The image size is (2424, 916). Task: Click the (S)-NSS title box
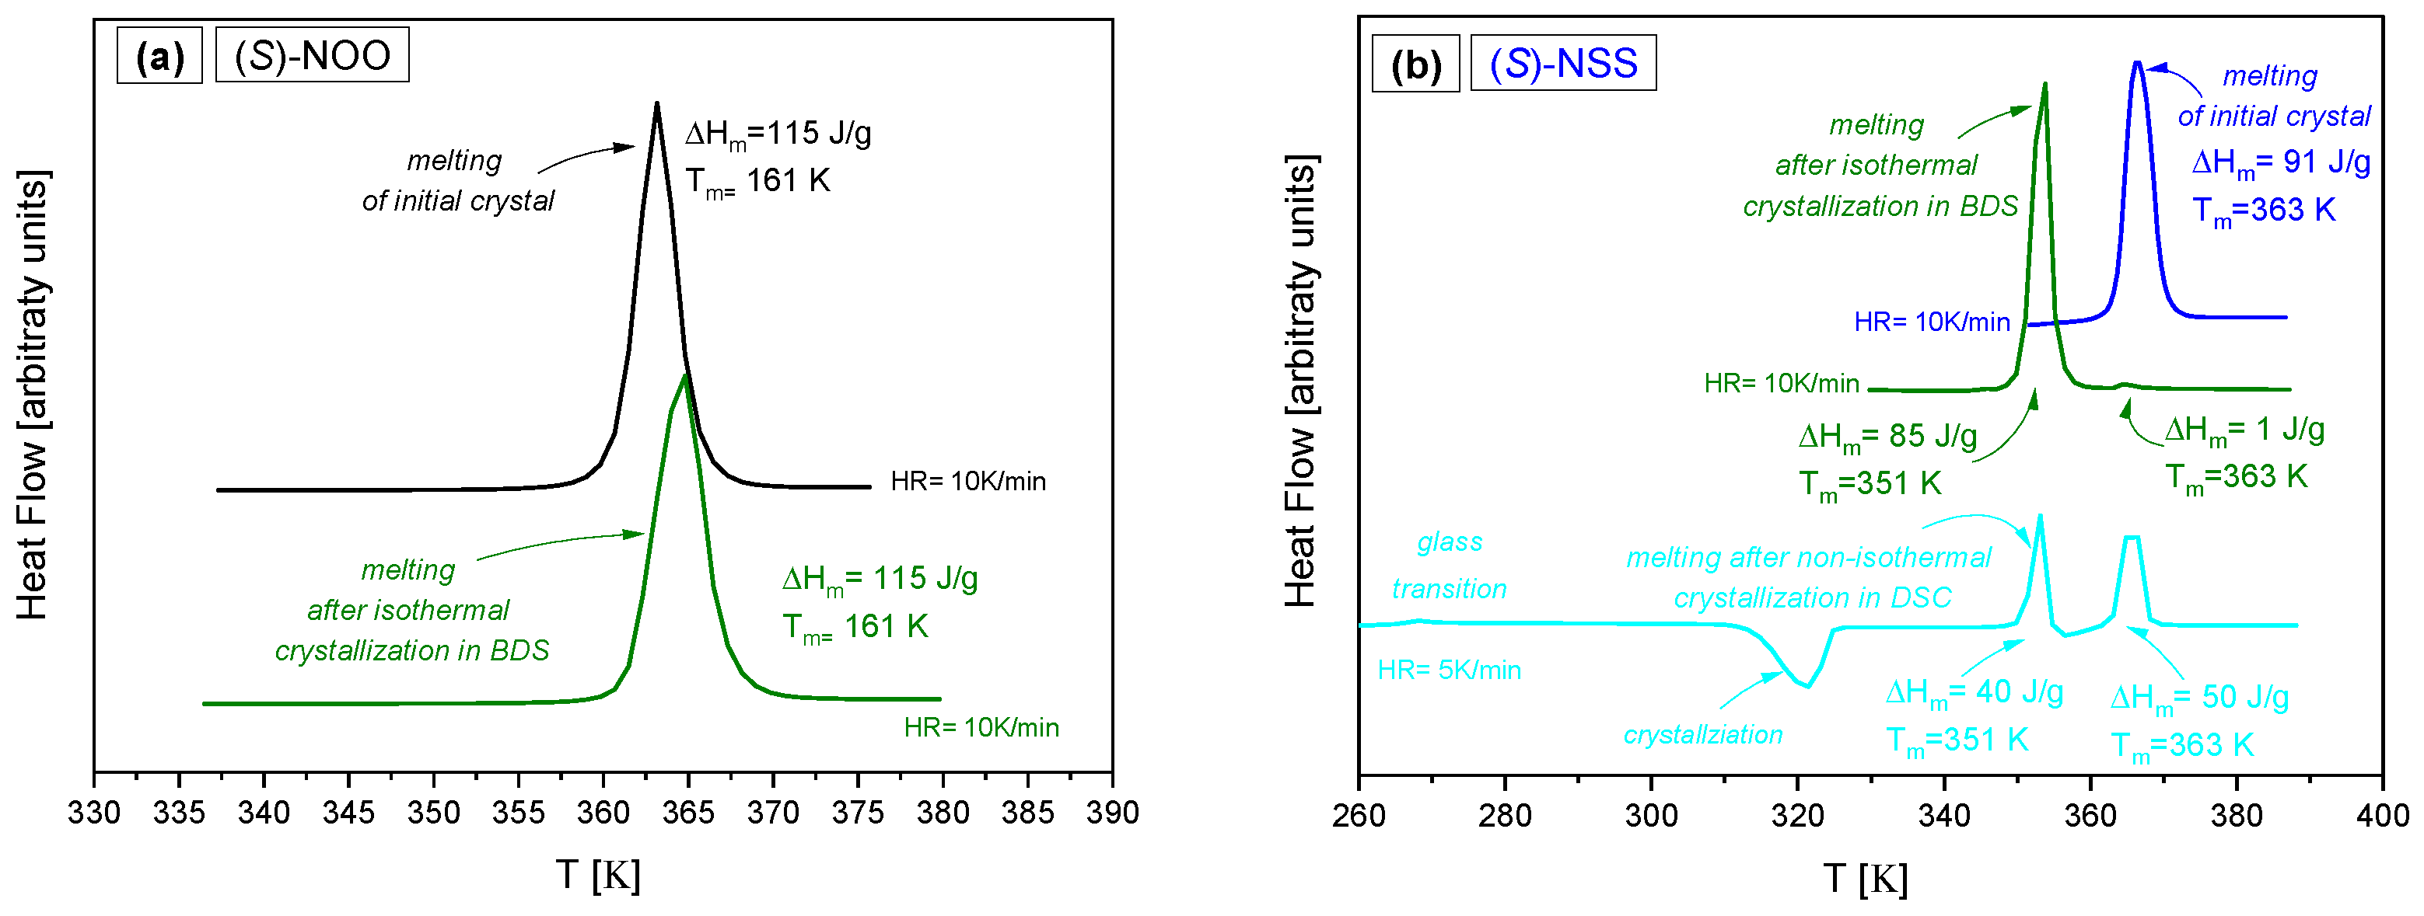1562,63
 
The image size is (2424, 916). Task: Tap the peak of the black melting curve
656,104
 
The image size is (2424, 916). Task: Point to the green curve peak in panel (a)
685,375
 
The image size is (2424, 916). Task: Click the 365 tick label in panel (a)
688,813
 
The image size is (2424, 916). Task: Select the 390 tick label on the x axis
1111,813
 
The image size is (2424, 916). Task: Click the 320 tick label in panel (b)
1796,814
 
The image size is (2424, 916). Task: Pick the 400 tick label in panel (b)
2382,814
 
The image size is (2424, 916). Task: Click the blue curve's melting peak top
2137,64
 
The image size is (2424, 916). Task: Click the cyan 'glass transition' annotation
1449,565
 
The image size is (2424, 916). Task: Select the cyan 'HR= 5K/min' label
1449,670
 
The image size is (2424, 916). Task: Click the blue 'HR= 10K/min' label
1931,322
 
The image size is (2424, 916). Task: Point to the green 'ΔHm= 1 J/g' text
2244,430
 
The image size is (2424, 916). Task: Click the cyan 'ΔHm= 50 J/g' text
2199,698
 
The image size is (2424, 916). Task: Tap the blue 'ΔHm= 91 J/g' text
2280,162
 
